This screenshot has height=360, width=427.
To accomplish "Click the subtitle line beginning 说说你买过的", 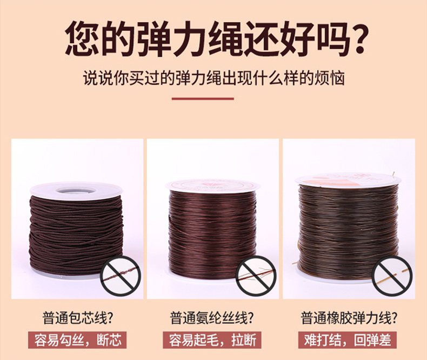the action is point(214,78).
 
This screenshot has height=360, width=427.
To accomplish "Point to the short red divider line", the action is point(203,98).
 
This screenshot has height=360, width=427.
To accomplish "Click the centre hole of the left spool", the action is point(76,190).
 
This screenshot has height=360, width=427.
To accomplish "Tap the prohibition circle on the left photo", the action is point(121,275).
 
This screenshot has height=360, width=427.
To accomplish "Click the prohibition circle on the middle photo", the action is point(256,276).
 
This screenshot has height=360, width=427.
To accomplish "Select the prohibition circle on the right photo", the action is point(392,276).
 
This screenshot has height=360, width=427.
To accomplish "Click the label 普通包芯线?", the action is point(78,318).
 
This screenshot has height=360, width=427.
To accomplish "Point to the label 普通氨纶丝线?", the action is point(212,318).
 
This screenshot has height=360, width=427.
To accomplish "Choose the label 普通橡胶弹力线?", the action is point(349,318).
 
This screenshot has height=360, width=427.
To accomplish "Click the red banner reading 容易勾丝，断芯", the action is point(77,340).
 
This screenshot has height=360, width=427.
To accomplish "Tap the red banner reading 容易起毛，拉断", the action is point(212,340).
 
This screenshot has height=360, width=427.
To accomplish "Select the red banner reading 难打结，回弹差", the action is point(348,340).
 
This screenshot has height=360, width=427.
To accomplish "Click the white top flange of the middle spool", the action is point(212,185).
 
